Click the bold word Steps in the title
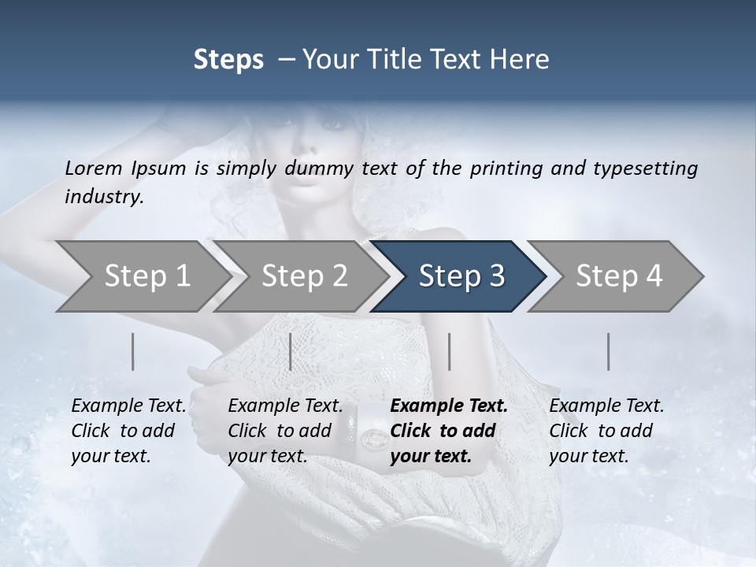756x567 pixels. (x=228, y=60)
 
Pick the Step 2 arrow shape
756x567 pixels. (x=304, y=276)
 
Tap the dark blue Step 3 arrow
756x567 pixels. (x=461, y=276)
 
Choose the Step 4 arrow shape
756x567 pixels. (x=619, y=276)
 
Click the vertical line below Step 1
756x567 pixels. (x=132, y=351)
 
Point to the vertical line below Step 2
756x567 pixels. (x=291, y=351)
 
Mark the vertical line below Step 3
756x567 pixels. (x=449, y=351)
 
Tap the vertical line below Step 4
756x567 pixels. (x=608, y=351)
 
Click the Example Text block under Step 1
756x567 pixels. (x=128, y=431)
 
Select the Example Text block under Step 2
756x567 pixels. (x=285, y=431)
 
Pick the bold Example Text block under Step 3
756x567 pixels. (x=449, y=431)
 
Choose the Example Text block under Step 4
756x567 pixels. (x=606, y=431)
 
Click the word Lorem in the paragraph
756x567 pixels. (x=94, y=168)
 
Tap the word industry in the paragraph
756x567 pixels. (x=104, y=196)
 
